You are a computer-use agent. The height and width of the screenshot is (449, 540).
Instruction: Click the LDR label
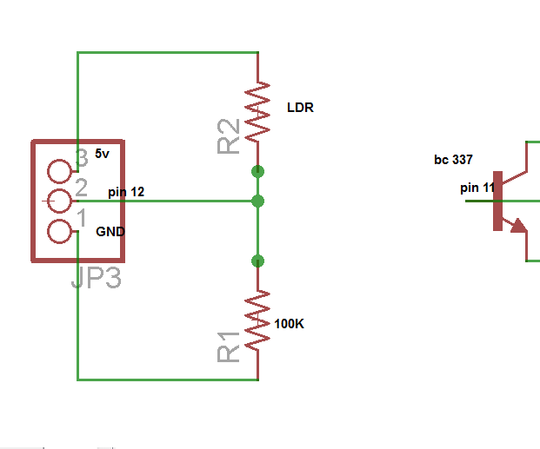pos(300,108)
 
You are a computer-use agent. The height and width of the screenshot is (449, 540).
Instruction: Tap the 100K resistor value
pos(290,324)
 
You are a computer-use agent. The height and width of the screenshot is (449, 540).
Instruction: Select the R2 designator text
pos(229,136)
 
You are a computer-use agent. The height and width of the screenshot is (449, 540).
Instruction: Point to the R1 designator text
pos(229,347)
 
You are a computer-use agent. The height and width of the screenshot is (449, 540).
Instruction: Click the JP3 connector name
pos(96,277)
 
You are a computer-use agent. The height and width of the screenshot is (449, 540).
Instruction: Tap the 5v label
pos(102,154)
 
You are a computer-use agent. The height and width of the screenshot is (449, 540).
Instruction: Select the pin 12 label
pos(126,192)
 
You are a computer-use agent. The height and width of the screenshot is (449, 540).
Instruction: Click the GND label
pos(110,232)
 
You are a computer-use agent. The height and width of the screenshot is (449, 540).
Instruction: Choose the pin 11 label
pos(477,188)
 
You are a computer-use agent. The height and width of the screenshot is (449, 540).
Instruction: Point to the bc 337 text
pos(453,160)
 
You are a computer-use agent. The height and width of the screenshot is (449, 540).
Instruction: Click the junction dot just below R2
pos(258,171)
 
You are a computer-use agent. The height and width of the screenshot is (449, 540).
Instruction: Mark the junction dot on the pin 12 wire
pos(258,201)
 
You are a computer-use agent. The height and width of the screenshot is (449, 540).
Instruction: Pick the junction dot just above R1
pos(258,261)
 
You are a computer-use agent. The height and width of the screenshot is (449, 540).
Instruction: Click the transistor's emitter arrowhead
pos(518,226)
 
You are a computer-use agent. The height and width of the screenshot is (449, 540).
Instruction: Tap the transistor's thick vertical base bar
pos(498,201)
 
